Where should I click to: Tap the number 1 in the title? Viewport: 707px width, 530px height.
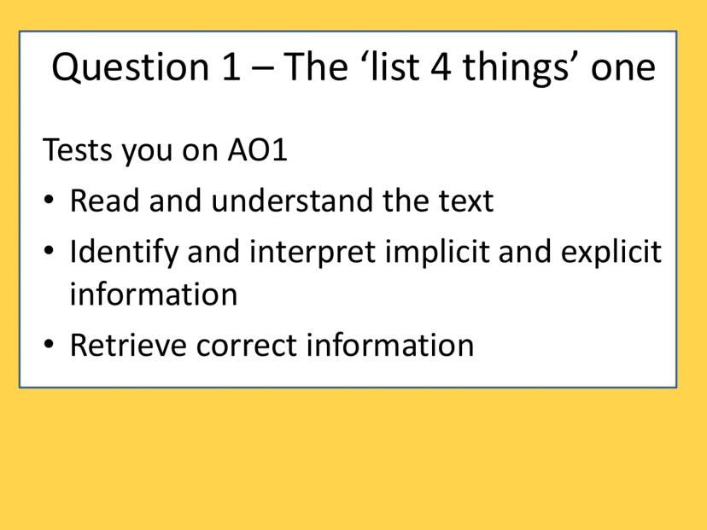(231, 67)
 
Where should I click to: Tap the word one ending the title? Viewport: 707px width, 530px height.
(623, 71)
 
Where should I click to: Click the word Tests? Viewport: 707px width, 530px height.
(78, 149)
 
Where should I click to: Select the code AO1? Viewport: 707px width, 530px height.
(258, 149)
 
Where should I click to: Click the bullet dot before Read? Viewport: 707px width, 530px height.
(49, 200)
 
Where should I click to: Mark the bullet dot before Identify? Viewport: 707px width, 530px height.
(49, 250)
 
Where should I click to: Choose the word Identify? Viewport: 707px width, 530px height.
(124, 252)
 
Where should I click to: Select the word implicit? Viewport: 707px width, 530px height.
(437, 252)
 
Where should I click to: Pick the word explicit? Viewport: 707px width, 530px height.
(611, 252)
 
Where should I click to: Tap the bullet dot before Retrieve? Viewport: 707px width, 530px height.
(49, 344)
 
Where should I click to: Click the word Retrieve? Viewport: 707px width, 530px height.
(128, 345)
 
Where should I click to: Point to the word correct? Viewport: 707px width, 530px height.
(246, 346)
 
